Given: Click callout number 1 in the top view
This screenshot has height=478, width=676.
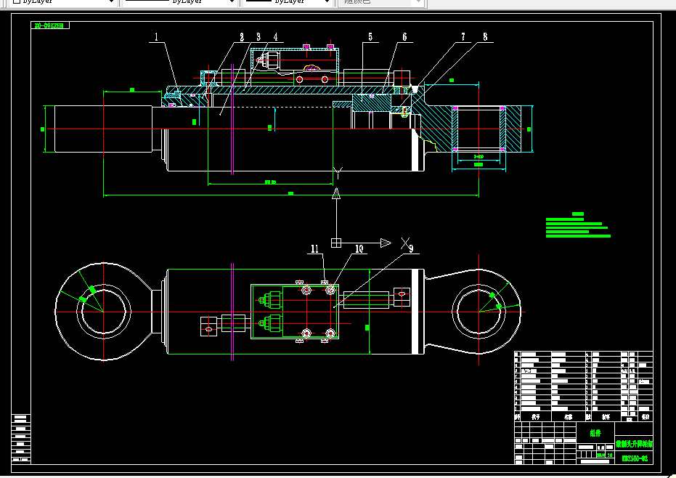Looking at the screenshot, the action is (x=155, y=35).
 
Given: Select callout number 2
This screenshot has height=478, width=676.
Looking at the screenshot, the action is (x=242, y=36).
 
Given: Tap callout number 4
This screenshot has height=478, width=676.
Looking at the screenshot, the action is (x=275, y=36).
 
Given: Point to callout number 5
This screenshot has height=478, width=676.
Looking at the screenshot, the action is (x=370, y=36).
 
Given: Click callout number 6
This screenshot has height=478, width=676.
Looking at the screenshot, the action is (x=404, y=36).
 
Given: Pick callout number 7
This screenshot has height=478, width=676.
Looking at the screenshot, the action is (x=463, y=36).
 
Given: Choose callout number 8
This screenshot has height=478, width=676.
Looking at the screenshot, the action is (x=485, y=36).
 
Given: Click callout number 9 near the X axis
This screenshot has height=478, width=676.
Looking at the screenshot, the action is (x=410, y=249).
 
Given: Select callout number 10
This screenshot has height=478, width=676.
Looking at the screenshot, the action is (x=359, y=248).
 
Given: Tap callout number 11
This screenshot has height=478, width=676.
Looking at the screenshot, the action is (x=315, y=248).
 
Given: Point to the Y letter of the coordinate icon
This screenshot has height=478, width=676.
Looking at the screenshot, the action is (x=337, y=173).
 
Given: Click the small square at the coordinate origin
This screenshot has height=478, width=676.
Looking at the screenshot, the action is (x=336, y=243).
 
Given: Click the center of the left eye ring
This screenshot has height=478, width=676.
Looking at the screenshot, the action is (x=103, y=311).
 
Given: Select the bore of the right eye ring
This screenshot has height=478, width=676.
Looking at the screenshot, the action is (x=479, y=311).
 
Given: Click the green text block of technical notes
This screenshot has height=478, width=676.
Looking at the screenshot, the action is (x=577, y=226).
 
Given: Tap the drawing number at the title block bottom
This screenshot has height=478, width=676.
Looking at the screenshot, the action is (x=634, y=458).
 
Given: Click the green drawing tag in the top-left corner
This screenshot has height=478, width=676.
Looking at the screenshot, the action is (x=49, y=25).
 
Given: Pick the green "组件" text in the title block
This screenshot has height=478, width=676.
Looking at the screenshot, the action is (x=596, y=433).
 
